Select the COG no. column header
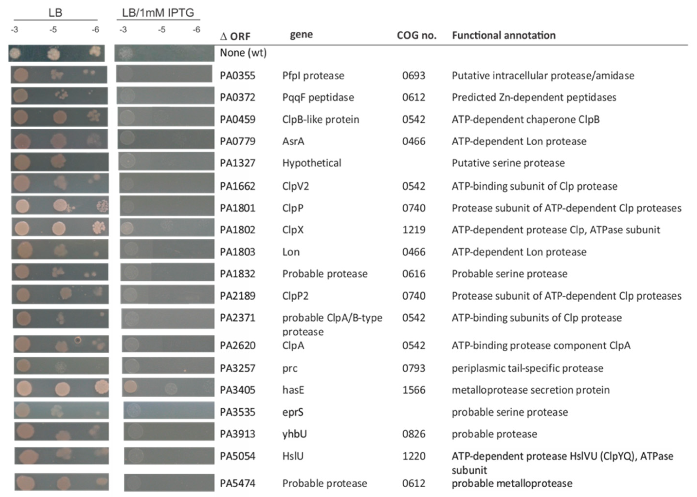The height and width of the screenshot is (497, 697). [x=416, y=36]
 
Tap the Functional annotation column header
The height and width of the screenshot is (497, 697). [x=504, y=36]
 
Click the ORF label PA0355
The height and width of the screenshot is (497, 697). [x=237, y=75]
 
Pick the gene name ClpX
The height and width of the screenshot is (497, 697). [x=293, y=230]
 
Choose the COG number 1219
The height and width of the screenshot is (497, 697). [x=414, y=230]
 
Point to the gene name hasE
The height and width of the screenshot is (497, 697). [x=293, y=390]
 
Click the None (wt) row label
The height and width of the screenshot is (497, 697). [x=243, y=53]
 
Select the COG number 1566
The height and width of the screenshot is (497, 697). [x=414, y=390]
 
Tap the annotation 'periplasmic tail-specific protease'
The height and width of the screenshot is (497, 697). [x=527, y=368]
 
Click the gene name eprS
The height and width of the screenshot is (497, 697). [x=293, y=412]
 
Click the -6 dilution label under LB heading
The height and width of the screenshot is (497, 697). [x=95, y=30]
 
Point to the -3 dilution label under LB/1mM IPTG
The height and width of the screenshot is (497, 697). [x=123, y=30]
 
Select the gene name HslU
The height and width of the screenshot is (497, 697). [x=293, y=456]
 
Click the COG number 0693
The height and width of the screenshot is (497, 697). [x=414, y=75]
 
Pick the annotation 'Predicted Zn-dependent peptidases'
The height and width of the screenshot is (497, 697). [x=534, y=97]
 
